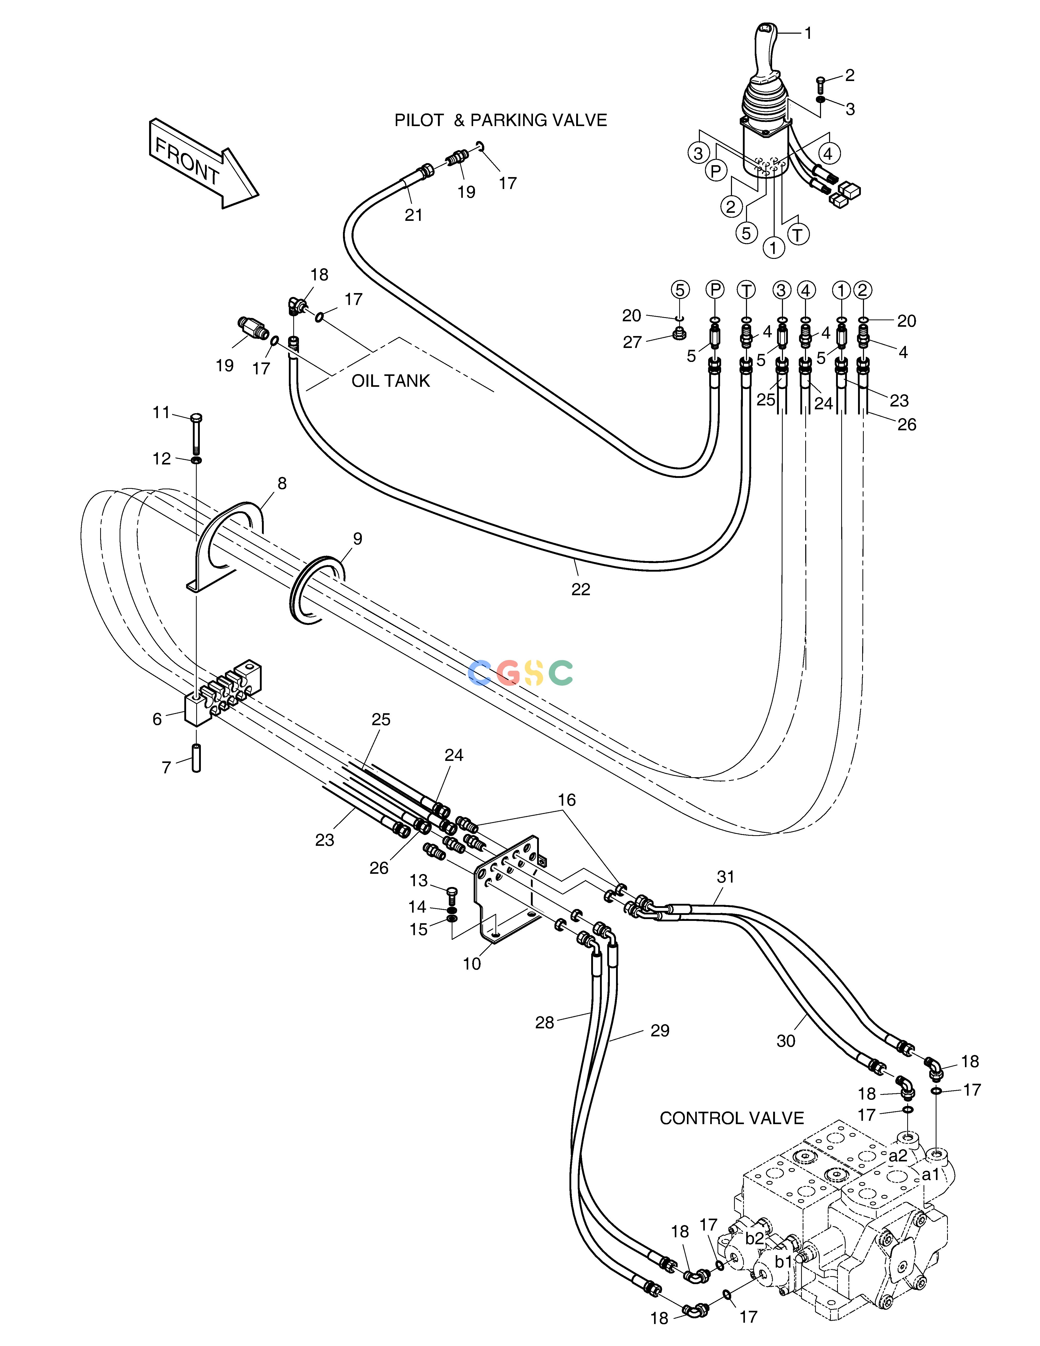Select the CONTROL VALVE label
coord(732,1118)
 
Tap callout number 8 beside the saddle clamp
coord(282,484)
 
